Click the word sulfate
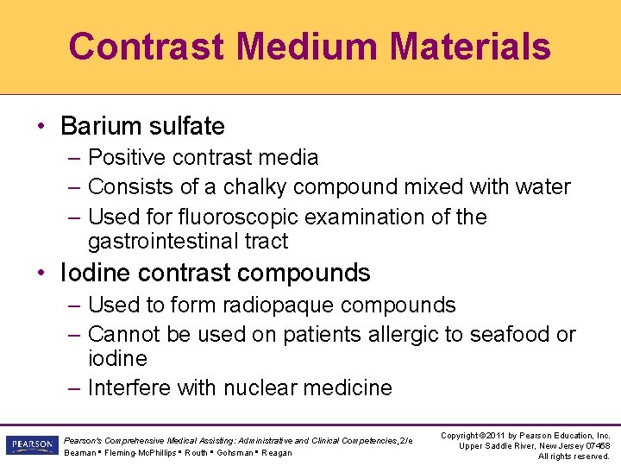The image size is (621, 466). [x=185, y=126]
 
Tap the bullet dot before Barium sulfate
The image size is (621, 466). [x=41, y=127]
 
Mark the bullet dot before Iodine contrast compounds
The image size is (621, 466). [x=41, y=274]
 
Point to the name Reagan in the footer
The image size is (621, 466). [x=277, y=453]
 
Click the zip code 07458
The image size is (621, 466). [x=597, y=445]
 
